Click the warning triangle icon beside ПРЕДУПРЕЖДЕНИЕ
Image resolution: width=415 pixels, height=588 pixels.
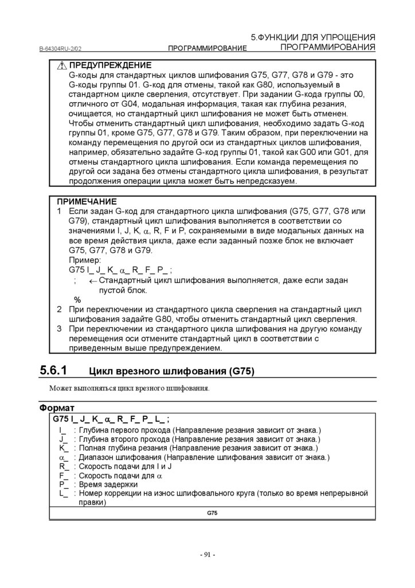pos(62,66)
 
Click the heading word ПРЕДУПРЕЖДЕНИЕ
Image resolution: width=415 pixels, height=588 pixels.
pos(111,66)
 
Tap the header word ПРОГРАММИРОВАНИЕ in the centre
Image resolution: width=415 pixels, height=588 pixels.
pos(207,48)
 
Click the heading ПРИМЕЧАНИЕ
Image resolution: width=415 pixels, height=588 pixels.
pos(87,202)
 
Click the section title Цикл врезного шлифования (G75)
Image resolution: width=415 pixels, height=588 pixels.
pos(172,372)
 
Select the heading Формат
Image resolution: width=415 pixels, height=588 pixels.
pos(57,408)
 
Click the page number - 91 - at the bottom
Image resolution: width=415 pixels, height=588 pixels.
pos(207,555)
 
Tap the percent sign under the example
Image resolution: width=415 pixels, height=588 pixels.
pos(77,300)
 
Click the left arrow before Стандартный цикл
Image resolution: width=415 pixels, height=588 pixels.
pos(92,280)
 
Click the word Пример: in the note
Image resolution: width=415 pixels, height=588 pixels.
pos(84,260)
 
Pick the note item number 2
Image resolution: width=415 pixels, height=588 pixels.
pos(59,310)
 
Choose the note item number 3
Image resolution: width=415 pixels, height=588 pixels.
pos(59,329)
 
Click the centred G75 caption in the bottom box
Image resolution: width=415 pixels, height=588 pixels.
pos(212,512)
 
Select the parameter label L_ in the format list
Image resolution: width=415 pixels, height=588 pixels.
pos(63,493)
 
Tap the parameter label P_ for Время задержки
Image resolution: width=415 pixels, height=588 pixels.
pos(63,484)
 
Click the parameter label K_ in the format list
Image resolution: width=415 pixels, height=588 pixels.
pos(63,448)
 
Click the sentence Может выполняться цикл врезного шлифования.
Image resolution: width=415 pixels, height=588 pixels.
pos(130,389)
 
